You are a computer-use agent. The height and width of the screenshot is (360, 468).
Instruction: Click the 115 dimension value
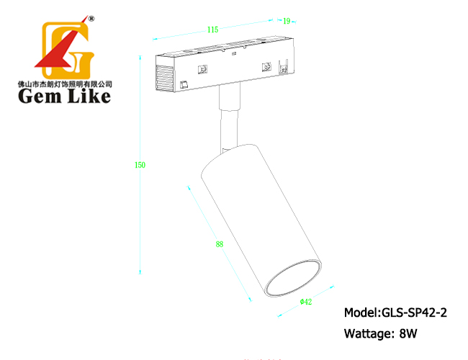pyautogui.click(x=213, y=30)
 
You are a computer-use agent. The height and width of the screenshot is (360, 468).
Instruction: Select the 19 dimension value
pyautogui.click(x=287, y=21)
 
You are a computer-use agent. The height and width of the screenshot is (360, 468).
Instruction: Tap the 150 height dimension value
pyautogui.click(x=140, y=165)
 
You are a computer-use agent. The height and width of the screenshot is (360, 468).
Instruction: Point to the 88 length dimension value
pyautogui.click(x=220, y=244)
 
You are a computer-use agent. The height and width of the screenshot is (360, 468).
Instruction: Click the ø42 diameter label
pyautogui.click(x=306, y=302)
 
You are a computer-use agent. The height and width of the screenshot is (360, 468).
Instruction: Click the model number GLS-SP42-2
pyautogui.click(x=414, y=312)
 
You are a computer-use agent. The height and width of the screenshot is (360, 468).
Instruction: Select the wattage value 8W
pyautogui.click(x=408, y=333)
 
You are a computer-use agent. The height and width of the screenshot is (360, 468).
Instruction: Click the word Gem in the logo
pyautogui.click(x=40, y=96)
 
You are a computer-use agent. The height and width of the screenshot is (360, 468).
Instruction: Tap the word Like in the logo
pyautogui.click(x=89, y=96)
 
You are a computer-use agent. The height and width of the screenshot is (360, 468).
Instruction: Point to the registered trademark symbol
pyautogui.click(x=91, y=19)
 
